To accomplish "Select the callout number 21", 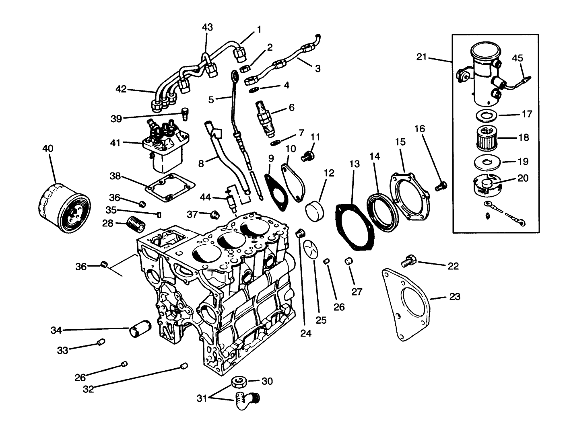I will click(421, 57).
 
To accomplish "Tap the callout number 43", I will click(207, 27).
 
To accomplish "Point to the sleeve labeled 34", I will click(139, 328).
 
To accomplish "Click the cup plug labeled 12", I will click(314, 211).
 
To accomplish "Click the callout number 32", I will click(88, 389).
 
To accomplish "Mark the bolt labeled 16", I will click(441, 186).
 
